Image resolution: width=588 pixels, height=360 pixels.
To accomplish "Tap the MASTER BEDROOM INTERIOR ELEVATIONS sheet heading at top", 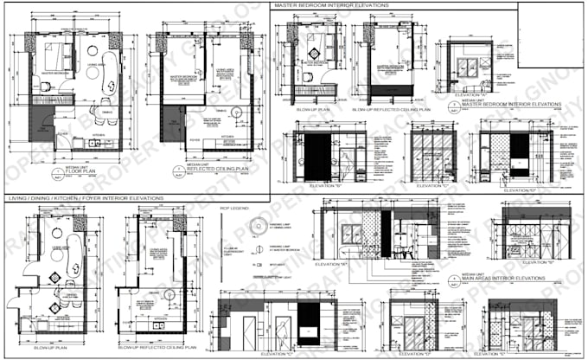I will point(332,5).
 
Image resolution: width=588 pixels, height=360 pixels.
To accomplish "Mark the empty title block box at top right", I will point(552,35).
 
